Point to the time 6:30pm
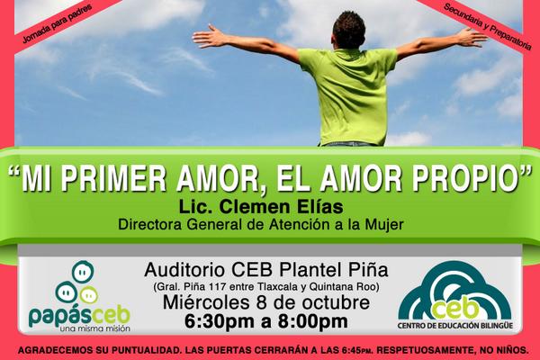(219, 320)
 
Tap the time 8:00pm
(309, 320)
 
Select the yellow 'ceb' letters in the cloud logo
(447, 306)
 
